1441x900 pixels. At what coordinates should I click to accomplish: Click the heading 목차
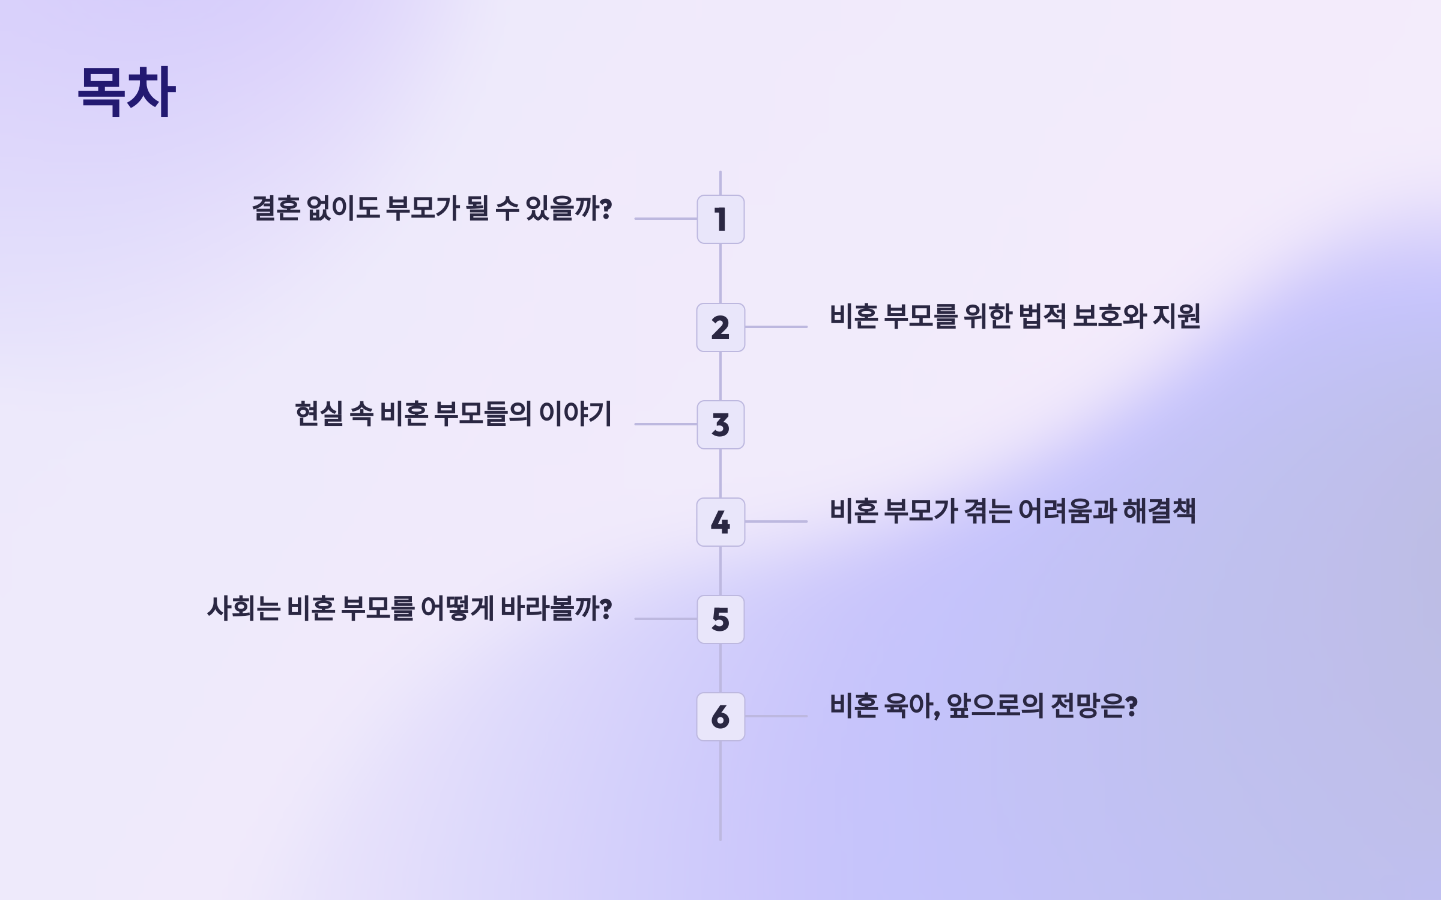[x=127, y=91]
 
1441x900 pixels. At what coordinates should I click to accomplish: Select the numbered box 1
[x=720, y=219]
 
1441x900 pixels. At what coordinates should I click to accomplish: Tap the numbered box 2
[x=720, y=327]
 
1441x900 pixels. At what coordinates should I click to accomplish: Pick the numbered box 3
[x=720, y=425]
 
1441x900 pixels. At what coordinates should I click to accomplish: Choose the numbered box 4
[x=720, y=522]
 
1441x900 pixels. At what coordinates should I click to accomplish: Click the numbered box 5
[x=720, y=619]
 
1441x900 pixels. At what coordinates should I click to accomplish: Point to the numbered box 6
[x=720, y=717]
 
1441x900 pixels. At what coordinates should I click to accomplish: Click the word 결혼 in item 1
[x=276, y=208]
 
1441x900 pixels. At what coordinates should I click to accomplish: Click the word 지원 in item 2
[x=1177, y=317]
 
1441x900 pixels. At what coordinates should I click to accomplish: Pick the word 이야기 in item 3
[x=575, y=414]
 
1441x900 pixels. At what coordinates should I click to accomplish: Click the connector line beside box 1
[x=665, y=219]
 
